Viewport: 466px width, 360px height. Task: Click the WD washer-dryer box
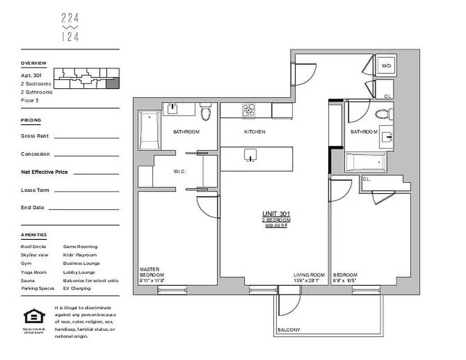(386, 66)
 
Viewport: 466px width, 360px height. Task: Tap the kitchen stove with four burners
(249, 110)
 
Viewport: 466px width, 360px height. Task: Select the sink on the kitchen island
(250, 155)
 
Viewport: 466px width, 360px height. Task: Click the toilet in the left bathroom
(206, 112)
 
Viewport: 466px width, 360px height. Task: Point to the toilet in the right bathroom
(383, 113)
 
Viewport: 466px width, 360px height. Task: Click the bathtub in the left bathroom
(149, 130)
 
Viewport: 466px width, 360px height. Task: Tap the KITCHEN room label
(254, 132)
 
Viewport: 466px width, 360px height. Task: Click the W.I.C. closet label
(180, 171)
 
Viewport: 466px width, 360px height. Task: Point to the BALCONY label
(289, 330)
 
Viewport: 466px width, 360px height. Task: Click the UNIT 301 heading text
(276, 214)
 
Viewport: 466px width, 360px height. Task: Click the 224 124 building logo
(70, 27)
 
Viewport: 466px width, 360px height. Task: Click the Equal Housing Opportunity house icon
(32, 317)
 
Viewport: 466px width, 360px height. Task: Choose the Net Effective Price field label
(44, 172)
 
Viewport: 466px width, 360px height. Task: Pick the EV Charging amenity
(77, 288)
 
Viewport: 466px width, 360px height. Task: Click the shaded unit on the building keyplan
(113, 82)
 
